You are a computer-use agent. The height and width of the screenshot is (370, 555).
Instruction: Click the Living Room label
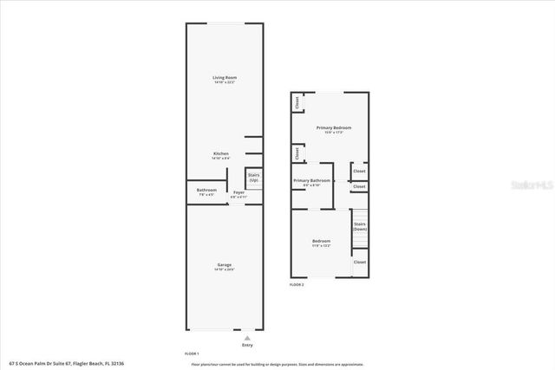pyautogui.click(x=225, y=78)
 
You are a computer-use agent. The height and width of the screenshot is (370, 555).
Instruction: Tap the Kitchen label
pyautogui.click(x=220, y=153)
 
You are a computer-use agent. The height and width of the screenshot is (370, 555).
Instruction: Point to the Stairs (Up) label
pyautogui.click(x=254, y=177)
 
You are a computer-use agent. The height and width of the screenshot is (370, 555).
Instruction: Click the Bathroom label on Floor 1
pyautogui.click(x=206, y=190)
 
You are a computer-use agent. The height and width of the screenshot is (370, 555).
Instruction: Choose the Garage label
pyautogui.click(x=225, y=264)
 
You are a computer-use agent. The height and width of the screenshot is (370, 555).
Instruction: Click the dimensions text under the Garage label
pyautogui.click(x=225, y=269)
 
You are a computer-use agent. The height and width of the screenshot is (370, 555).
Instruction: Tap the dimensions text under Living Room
pyautogui.click(x=225, y=83)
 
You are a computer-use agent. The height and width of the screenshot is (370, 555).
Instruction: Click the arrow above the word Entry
pyautogui.click(x=247, y=337)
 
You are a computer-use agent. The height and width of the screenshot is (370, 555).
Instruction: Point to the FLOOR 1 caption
pyautogui.click(x=192, y=354)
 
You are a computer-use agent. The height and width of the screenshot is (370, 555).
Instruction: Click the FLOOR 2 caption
pyautogui.click(x=297, y=284)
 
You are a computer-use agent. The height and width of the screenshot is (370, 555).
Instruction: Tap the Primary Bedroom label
pyautogui.click(x=334, y=127)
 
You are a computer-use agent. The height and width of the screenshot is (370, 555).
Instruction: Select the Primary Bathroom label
pyautogui.click(x=312, y=180)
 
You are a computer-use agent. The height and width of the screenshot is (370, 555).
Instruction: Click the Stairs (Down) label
pyautogui.click(x=359, y=226)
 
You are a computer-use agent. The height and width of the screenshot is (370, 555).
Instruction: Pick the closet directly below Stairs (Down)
pyautogui.click(x=359, y=262)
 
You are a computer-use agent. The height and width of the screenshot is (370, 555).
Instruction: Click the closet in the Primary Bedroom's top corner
pyautogui.click(x=297, y=102)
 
